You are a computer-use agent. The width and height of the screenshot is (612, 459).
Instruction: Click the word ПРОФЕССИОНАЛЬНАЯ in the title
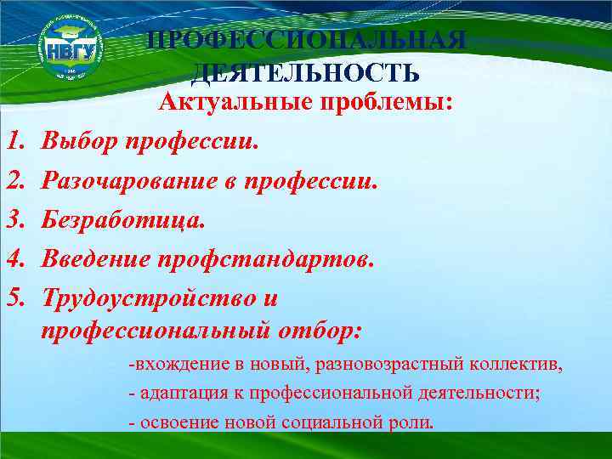tap(306, 41)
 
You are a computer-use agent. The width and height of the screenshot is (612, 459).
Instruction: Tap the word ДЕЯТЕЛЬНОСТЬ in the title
tap(306, 72)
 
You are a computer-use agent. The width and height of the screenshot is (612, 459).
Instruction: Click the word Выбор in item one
tap(80, 140)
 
